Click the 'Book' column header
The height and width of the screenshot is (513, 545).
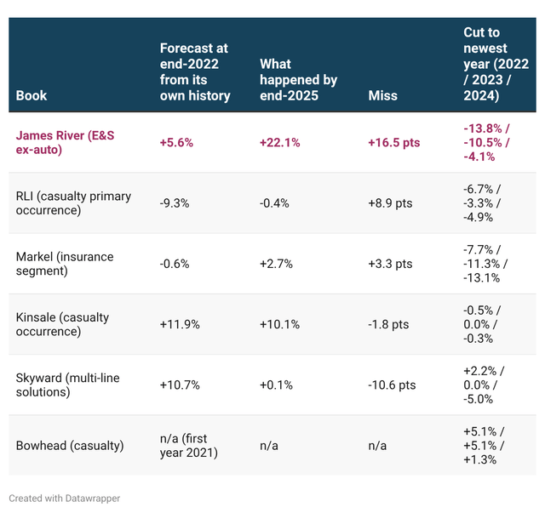(32, 95)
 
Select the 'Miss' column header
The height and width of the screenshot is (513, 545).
(382, 95)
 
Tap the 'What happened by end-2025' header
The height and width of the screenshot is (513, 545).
(299, 80)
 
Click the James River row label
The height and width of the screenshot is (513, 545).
(65, 142)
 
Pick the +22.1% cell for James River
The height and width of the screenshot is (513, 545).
(280, 143)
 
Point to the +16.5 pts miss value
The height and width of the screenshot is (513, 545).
(394, 143)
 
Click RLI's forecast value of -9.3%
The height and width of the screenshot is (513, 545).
(175, 203)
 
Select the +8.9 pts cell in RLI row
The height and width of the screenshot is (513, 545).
(390, 203)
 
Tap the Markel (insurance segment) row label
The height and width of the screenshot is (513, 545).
(65, 264)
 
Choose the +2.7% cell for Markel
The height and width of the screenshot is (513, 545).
(276, 264)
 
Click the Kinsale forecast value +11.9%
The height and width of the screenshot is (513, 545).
(180, 324)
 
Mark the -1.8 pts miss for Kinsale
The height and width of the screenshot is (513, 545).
(388, 324)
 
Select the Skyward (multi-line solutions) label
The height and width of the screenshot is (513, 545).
(68, 385)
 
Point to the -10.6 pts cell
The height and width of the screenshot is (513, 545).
(392, 385)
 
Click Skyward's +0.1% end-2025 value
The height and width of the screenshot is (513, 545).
(276, 385)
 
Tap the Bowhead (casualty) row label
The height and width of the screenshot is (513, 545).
(70, 446)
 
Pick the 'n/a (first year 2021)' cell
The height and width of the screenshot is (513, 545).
(189, 446)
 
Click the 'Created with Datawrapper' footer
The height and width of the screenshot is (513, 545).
(65, 499)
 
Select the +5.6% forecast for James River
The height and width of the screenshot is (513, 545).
(176, 143)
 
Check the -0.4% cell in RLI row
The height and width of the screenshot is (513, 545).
(274, 203)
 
